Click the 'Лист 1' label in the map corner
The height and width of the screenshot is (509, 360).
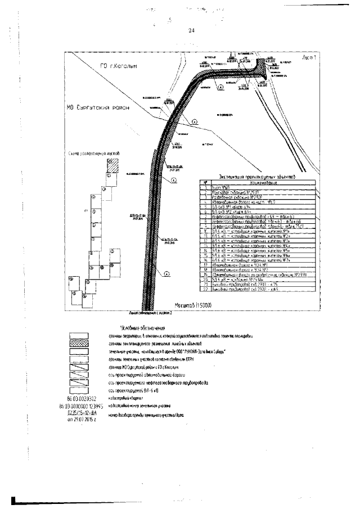click(x=310, y=58)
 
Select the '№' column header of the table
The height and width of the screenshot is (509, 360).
click(x=206, y=183)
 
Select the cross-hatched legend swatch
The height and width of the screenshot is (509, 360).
click(x=77, y=343)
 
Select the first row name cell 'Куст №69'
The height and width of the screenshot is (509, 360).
click(x=220, y=189)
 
